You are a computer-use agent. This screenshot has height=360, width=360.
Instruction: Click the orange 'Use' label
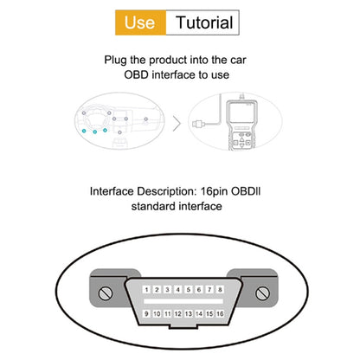[x=139, y=22]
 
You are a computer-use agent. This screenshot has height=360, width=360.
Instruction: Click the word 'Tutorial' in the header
[x=204, y=22]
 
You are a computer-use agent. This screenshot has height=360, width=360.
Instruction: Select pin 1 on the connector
[x=147, y=288]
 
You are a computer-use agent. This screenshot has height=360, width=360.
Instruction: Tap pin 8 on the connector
[x=214, y=288]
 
